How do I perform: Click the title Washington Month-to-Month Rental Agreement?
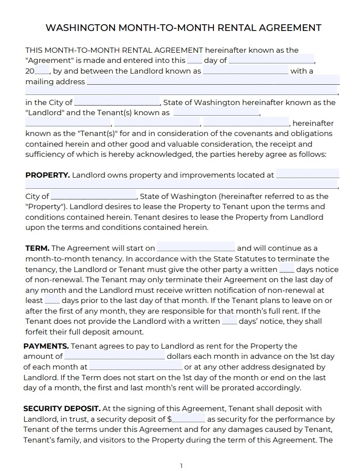[183, 27]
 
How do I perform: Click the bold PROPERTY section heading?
[47, 175]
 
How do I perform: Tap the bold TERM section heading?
[37, 248]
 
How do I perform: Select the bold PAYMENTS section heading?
[46, 346]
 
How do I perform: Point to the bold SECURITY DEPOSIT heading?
[62, 409]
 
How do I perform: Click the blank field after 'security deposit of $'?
[189, 419]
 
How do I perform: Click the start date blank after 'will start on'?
[196, 248]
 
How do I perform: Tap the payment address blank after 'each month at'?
[135, 367]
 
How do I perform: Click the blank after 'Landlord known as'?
[245, 71]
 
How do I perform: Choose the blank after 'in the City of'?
[117, 103]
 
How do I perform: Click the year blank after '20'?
[43, 71]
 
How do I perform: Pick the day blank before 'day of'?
[194, 60]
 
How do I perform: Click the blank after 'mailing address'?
[212, 82]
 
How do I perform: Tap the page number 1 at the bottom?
[181, 466]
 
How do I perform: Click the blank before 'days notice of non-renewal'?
[286, 270]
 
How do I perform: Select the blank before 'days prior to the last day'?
[52, 300]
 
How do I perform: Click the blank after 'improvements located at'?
[307, 175]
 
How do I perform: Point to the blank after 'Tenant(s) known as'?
[216, 113]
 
